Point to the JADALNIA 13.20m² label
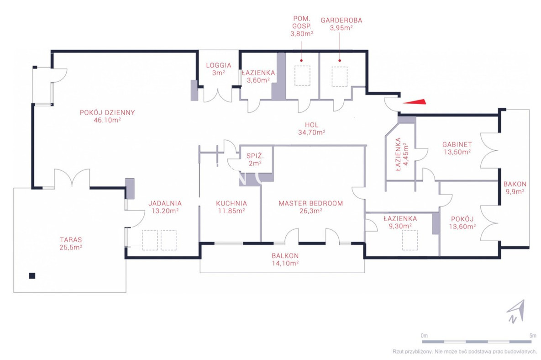(165, 207)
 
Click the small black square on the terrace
(32, 276)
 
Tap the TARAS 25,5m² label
(71, 244)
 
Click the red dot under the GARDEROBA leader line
(340, 60)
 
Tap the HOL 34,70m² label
(311, 129)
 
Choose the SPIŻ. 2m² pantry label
(255, 160)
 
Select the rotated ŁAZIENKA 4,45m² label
(402, 154)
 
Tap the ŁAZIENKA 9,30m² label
(400, 222)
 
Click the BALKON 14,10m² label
(285, 259)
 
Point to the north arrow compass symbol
(516, 311)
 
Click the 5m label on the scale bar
(533, 335)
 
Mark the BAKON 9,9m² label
(515, 188)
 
